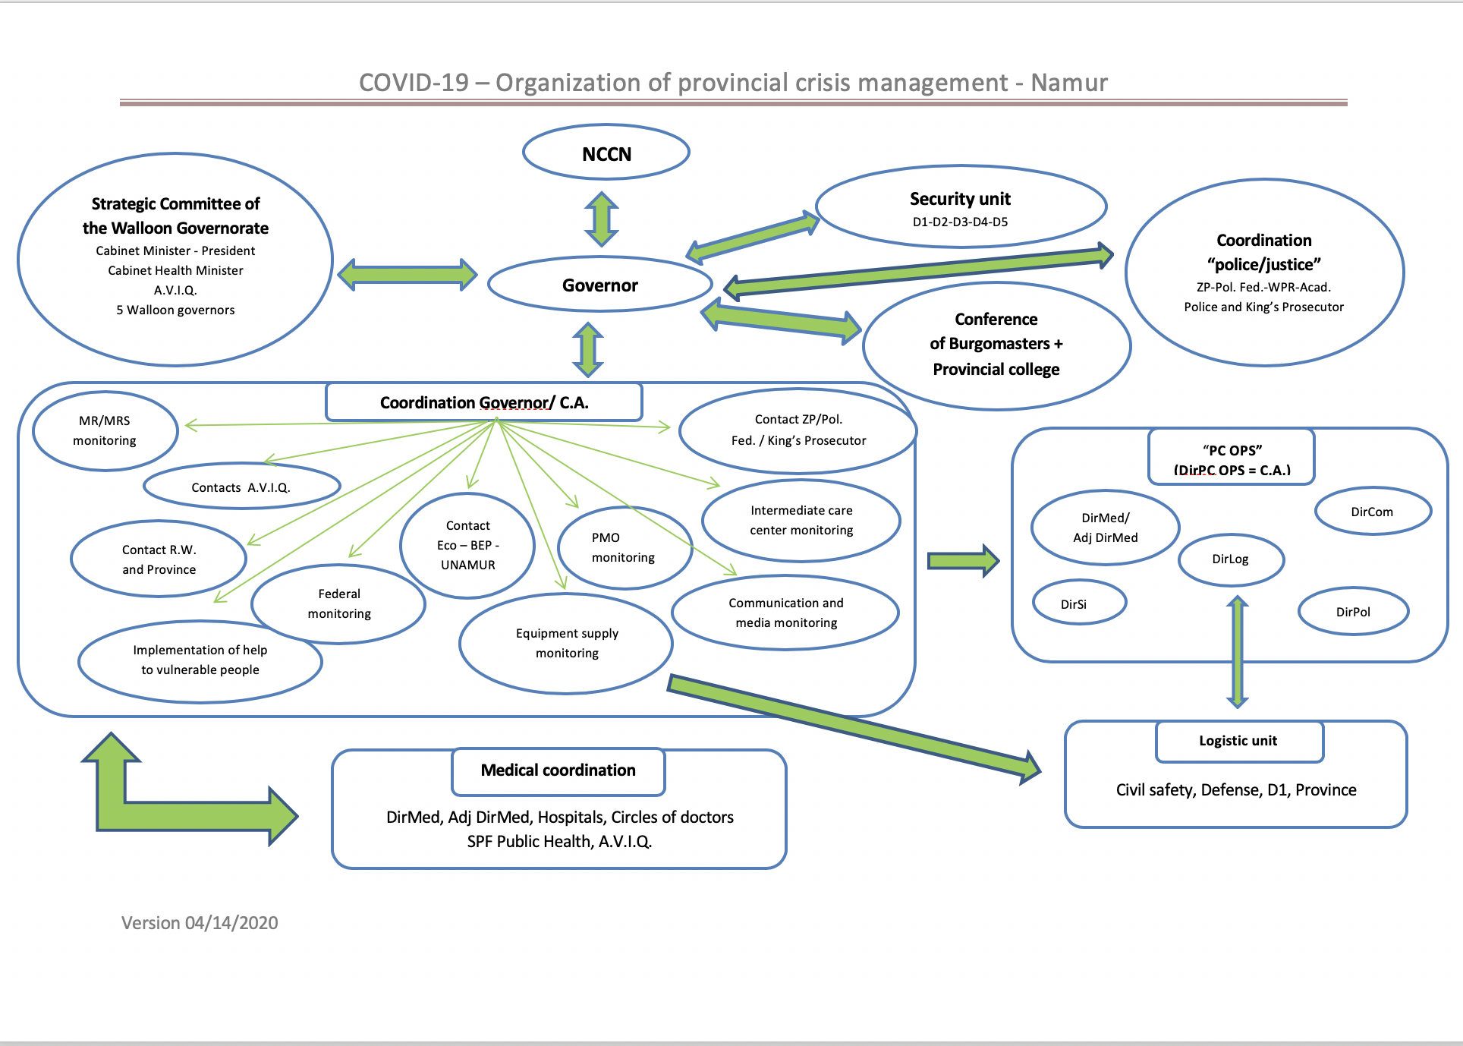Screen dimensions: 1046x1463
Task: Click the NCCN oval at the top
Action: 606,153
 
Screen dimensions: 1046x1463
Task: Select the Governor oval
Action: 600,285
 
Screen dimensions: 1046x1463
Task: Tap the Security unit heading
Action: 960,199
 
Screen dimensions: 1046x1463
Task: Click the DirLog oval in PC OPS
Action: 1230,559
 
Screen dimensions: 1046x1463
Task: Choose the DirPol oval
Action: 1353,612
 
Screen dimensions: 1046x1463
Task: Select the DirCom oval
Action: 1372,512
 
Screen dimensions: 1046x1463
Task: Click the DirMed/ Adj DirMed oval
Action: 1105,528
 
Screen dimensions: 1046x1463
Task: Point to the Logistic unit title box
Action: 1238,741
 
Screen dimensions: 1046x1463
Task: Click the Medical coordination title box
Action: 558,770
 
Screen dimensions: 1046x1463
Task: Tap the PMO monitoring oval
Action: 624,547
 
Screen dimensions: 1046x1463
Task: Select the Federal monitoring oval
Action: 339,603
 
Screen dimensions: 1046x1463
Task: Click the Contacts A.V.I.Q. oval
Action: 241,487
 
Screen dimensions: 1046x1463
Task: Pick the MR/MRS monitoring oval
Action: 105,430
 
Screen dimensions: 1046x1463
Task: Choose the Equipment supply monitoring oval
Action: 566,643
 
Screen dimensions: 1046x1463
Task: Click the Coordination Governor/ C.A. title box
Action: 484,402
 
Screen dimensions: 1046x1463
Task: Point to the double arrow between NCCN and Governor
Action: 602,219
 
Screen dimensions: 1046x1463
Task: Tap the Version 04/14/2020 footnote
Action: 200,923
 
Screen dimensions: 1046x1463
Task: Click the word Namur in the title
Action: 1069,82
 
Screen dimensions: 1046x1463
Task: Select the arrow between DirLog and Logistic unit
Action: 1238,651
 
